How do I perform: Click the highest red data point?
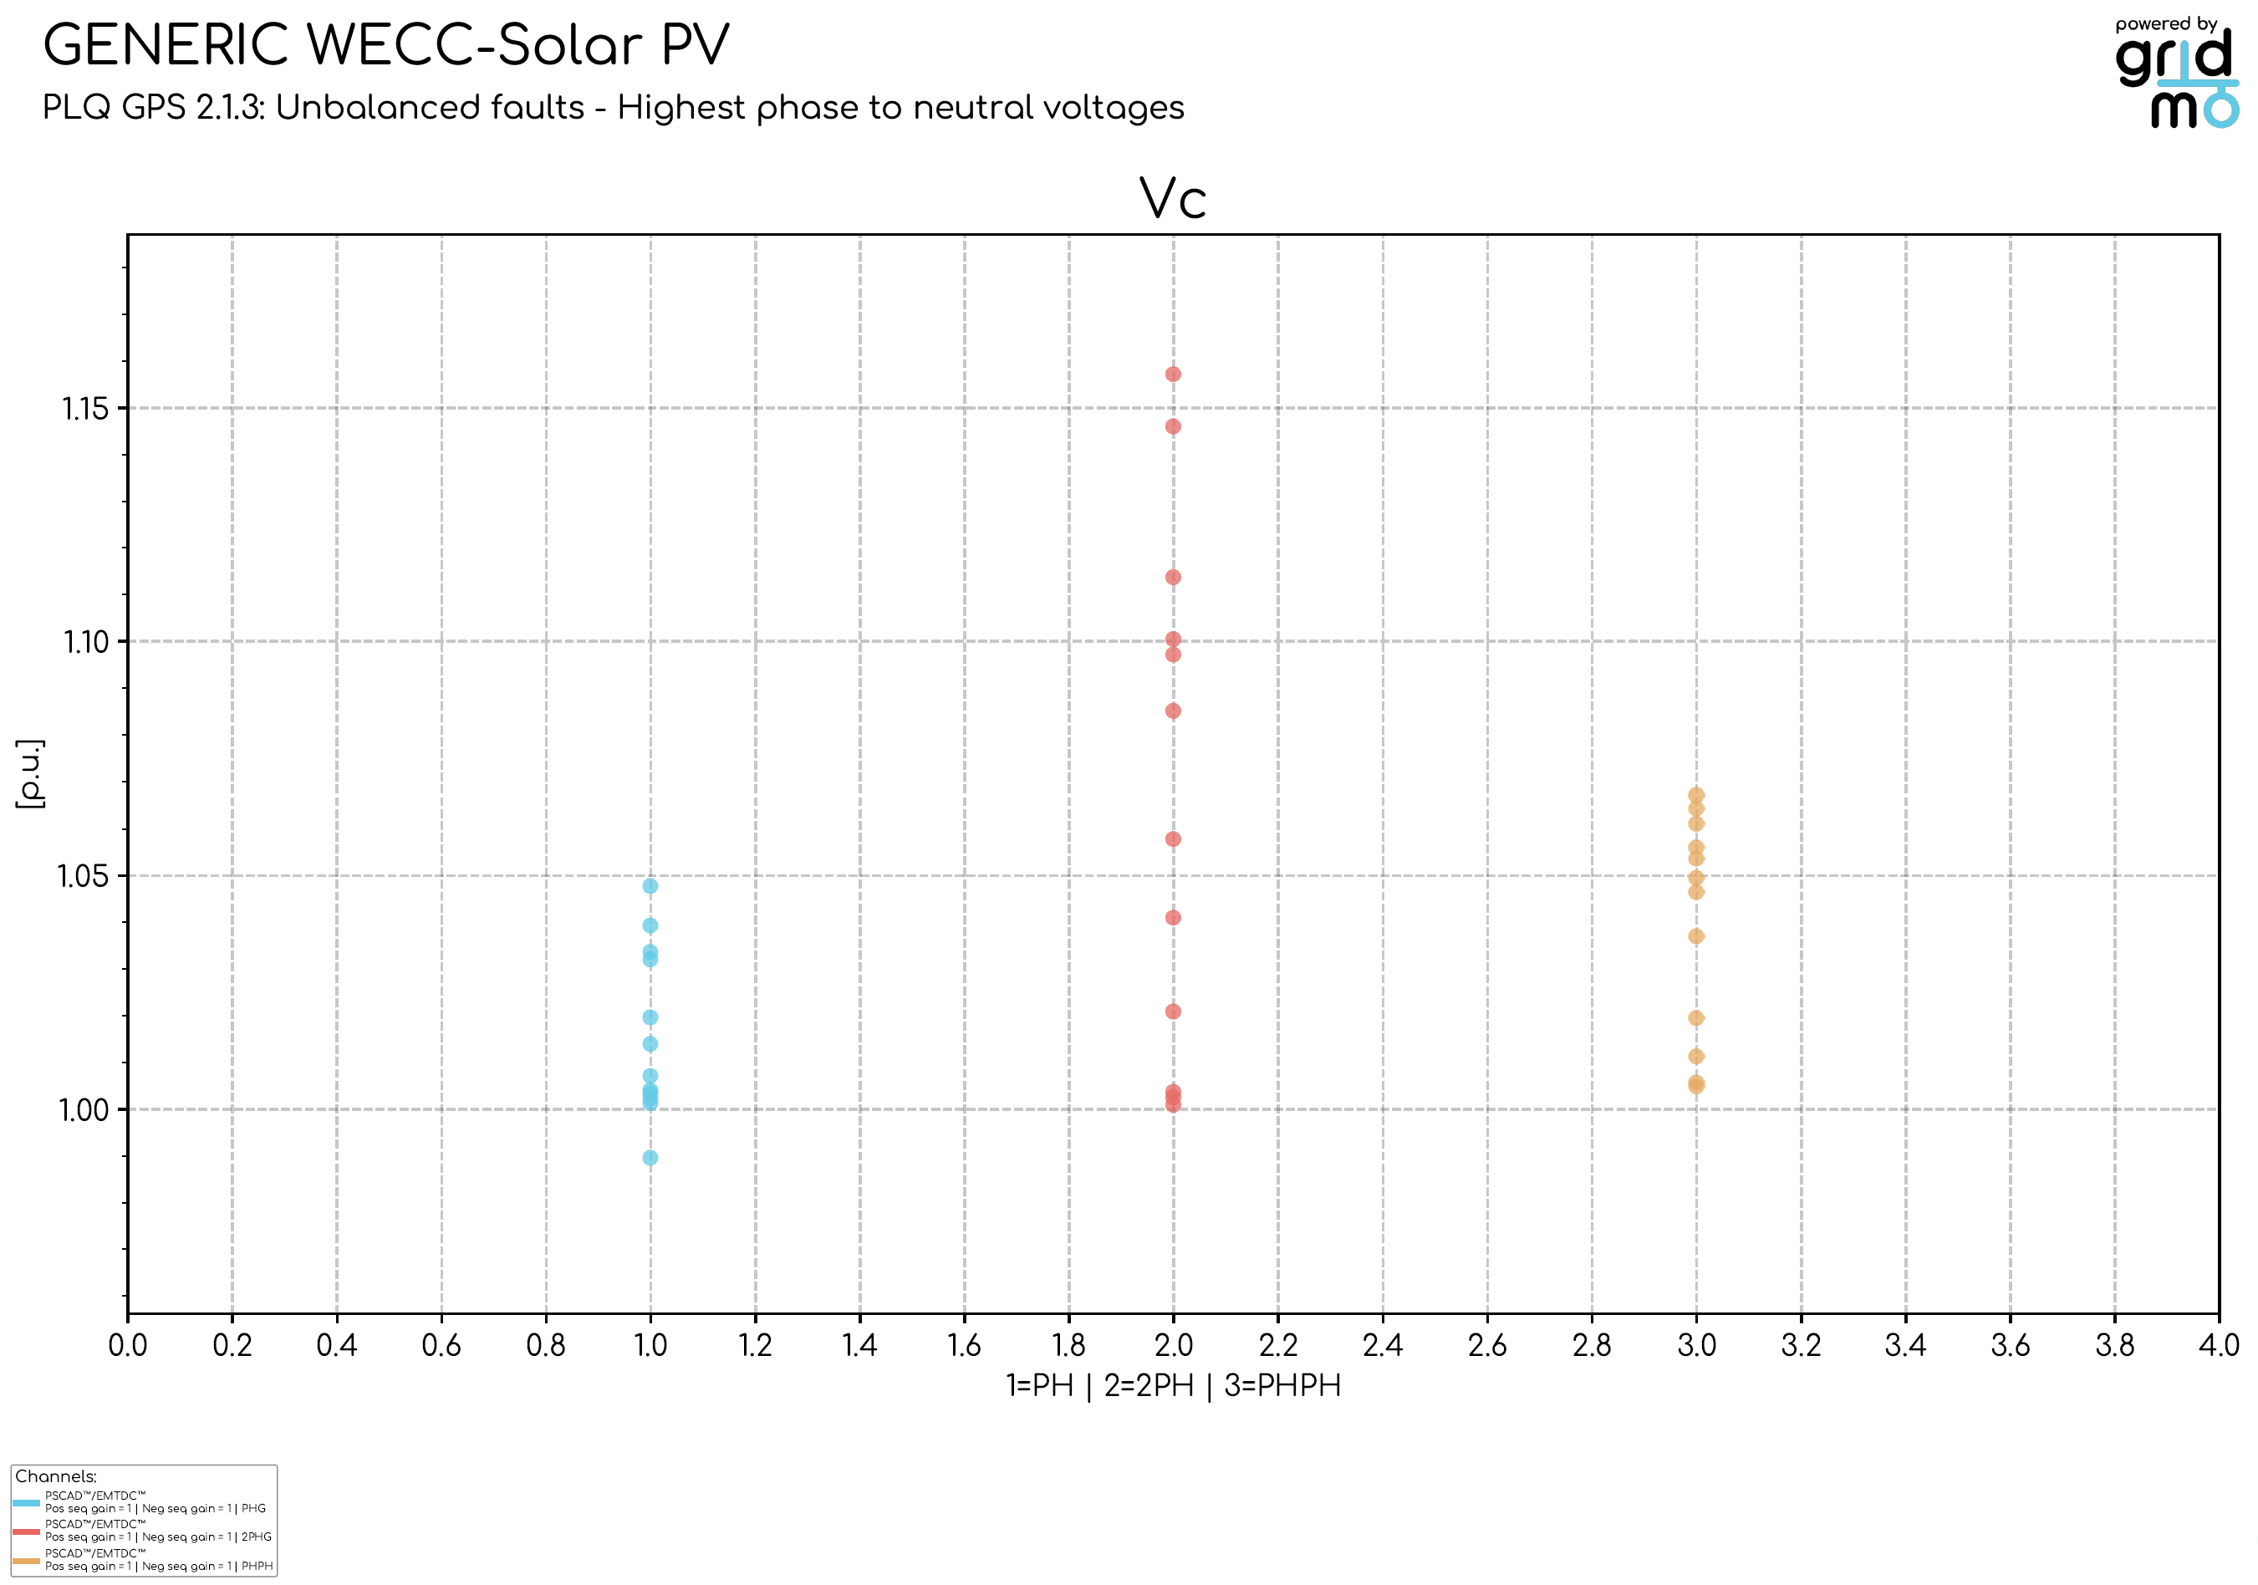click(1172, 375)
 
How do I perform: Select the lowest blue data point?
click(650, 1157)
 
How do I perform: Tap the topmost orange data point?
click(1695, 794)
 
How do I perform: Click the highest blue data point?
click(650, 886)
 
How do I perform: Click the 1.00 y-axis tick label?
click(84, 1110)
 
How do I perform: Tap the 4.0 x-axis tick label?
click(2218, 1344)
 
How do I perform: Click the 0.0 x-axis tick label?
click(128, 1344)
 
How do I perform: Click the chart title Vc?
click(1172, 200)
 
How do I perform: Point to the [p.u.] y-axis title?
click(30, 774)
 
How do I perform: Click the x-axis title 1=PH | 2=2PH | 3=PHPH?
click(1172, 1385)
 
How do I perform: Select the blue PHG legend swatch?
click(27, 1503)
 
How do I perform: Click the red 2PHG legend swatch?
click(27, 1531)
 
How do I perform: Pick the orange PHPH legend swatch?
click(27, 1562)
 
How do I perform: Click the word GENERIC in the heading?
click(166, 46)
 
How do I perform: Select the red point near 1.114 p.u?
click(1172, 577)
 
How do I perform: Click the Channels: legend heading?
click(56, 1477)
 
